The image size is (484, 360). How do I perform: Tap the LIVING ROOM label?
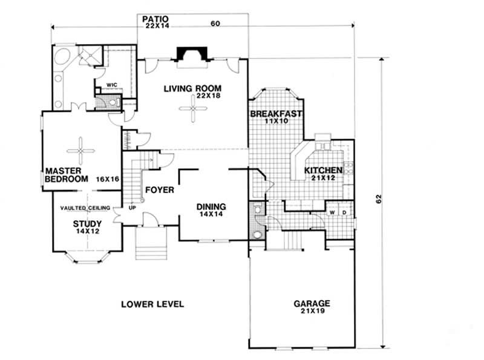pos(192,88)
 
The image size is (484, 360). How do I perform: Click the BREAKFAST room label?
pos(276,114)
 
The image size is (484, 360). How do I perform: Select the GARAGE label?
pos(312,303)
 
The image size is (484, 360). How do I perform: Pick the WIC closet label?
pos(111,85)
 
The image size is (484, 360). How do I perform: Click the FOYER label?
pos(159,190)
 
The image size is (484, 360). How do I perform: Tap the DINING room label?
pos(211,206)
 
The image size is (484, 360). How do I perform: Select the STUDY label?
pos(87,223)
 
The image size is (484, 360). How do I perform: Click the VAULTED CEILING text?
pos(85,208)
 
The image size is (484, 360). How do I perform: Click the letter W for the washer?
pos(332,212)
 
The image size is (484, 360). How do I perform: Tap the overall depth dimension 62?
pos(378,199)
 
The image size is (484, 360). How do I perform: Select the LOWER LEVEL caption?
pos(152,304)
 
